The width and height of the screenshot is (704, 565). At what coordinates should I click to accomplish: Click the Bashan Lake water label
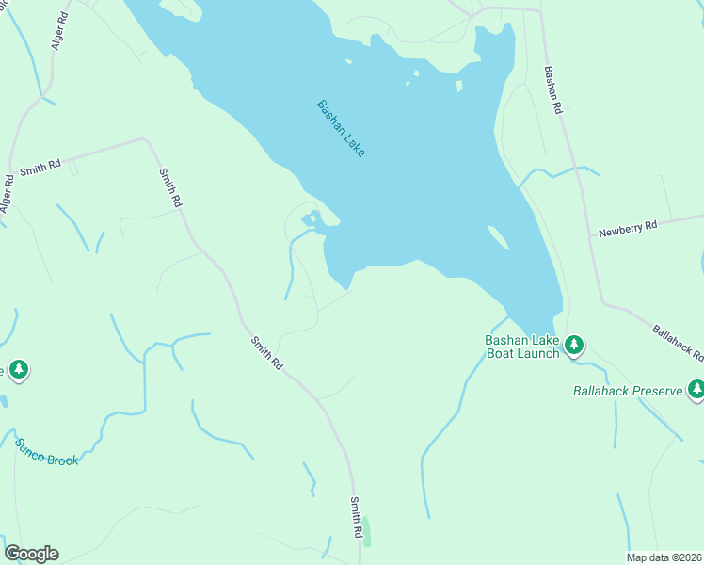pyautogui.click(x=341, y=128)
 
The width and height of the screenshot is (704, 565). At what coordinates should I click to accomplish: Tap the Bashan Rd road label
pyautogui.click(x=552, y=89)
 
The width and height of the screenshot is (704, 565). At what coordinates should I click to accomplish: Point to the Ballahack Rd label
pyautogui.click(x=678, y=343)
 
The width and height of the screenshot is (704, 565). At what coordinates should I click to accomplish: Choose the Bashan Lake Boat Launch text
pyautogui.click(x=522, y=347)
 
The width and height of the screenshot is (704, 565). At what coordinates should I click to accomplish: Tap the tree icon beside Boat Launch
pyautogui.click(x=574, y=346)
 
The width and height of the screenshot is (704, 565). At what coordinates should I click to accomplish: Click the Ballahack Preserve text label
pyautogui.click(x=627, y=391)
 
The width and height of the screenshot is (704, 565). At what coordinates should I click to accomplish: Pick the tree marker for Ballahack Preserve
pyautogui.click(x=696, y=388)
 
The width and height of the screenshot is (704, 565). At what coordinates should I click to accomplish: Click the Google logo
pyautogui.click(x=31, y=554)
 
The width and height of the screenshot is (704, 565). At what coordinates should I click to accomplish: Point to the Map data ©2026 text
pyautogui.click(x=664, y=557)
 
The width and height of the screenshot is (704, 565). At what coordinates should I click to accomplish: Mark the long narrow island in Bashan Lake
pyautogui.click(x=499, y=237)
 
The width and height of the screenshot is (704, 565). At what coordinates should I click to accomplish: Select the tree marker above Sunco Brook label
pyautogui.click(x=18, y=369)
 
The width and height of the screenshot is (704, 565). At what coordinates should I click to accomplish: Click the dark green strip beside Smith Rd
pyautogui.click(x=367, y=533)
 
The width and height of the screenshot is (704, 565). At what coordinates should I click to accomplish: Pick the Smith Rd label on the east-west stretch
pyautogui.click(x=40, y=167)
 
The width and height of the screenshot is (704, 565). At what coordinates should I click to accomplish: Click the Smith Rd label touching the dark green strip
pyautogui.click(x=357, y=518)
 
